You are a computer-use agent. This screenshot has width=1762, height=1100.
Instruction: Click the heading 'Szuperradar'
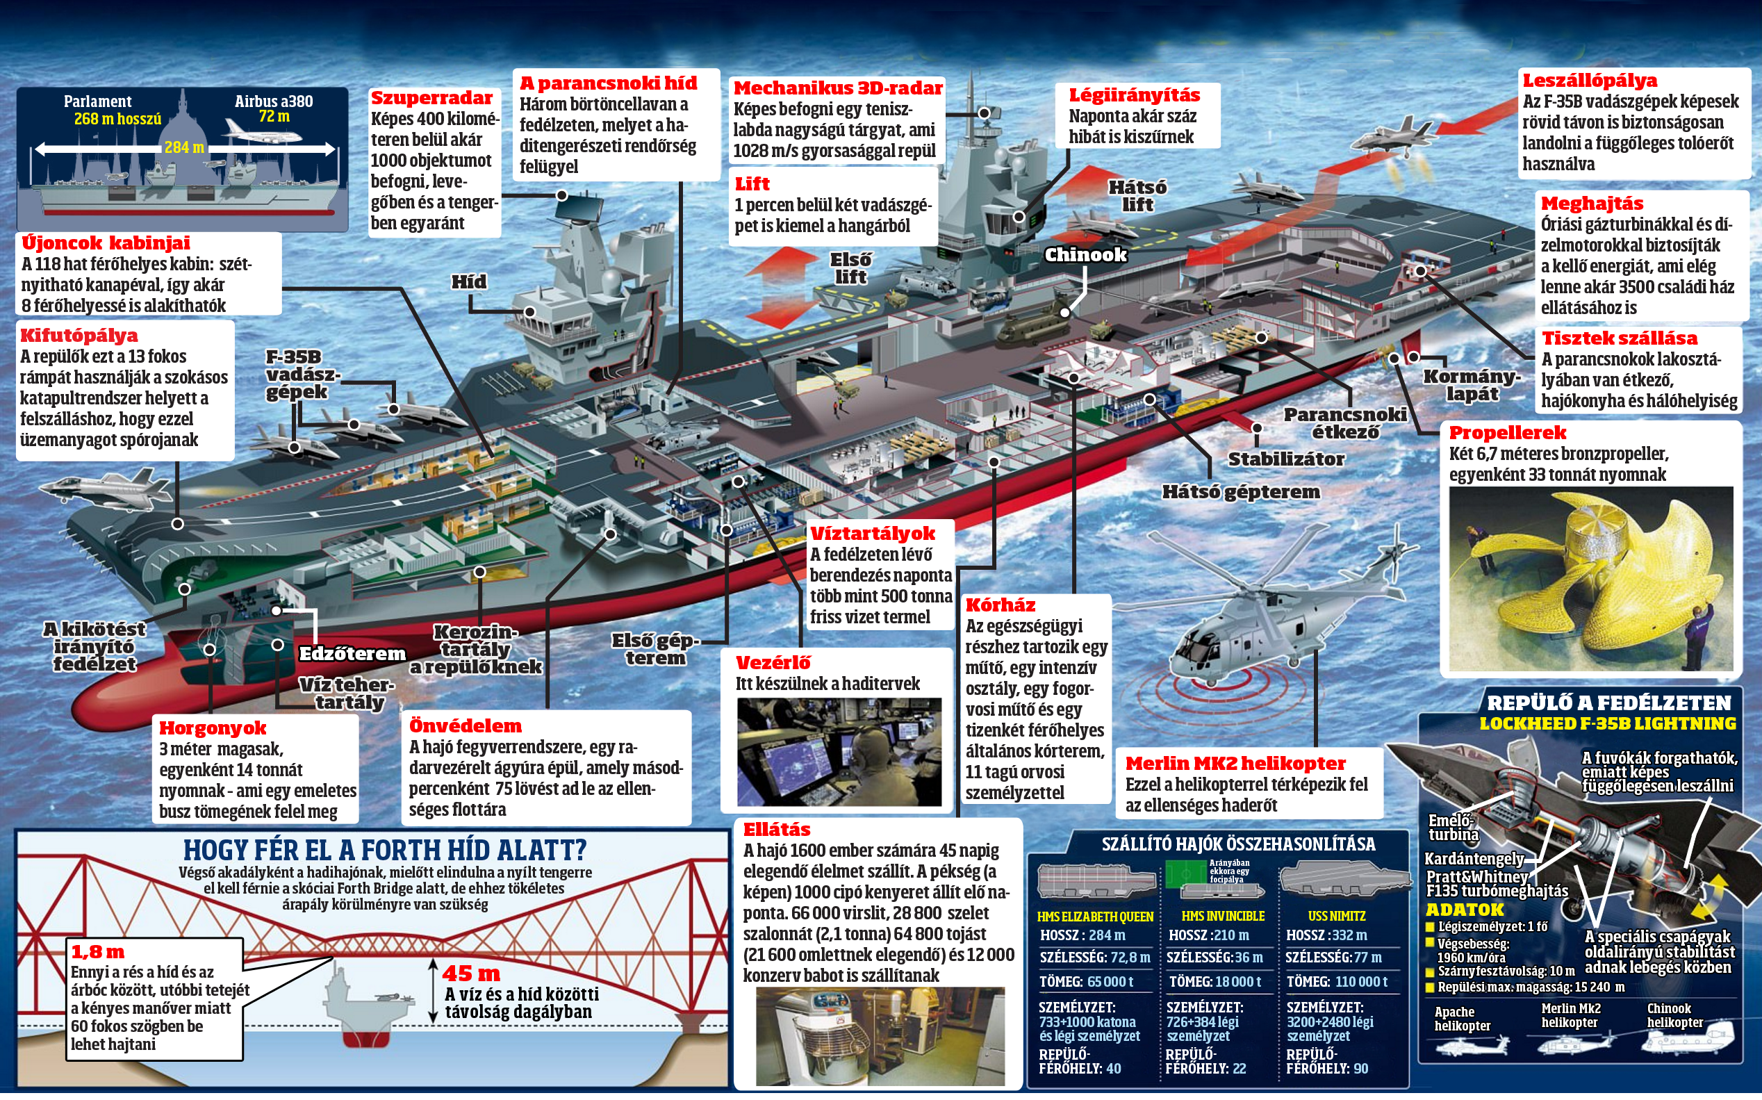coord(431,98)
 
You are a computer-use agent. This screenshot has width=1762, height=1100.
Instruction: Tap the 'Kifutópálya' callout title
coord(79,336)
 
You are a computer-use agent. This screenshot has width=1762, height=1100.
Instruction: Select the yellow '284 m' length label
coord(184,148)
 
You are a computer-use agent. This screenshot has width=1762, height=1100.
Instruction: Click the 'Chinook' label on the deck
coord(1086,254)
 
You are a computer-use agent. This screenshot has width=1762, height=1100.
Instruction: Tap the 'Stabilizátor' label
coord(1286,459)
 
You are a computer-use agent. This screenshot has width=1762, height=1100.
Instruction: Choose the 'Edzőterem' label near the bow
coord(353,653)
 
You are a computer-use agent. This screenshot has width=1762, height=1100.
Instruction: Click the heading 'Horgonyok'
coord(213,728)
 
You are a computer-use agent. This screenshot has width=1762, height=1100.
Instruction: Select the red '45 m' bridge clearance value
coord(471,974)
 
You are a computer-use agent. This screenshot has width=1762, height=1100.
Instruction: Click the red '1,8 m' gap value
coord(97,951)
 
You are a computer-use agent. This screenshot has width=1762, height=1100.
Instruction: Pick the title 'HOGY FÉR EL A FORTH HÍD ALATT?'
coord(385,850)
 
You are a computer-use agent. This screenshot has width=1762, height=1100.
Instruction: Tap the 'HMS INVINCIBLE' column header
coord(1223,916)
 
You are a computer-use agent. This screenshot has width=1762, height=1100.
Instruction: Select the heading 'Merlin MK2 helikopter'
coord(1235,764)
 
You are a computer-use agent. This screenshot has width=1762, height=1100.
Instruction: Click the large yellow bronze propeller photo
coord(1591,579)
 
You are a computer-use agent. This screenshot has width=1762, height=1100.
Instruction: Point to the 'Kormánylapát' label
coord(1472,386)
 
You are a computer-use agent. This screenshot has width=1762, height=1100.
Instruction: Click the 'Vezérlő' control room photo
coord(839,752)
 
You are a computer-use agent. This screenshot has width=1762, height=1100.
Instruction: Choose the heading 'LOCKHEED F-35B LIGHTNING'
coord(1608,724)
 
